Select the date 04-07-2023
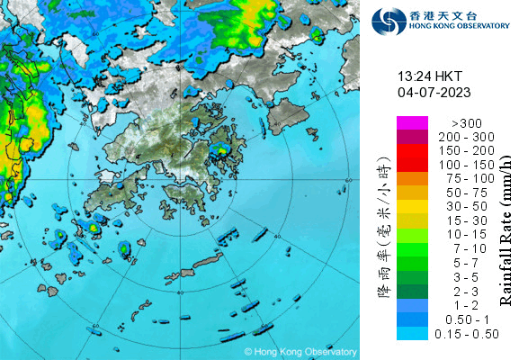click(x=433, y=92)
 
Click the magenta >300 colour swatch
click(x=410, y=122)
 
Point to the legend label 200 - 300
click(x=470, y=135)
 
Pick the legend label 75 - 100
click(x=470, y=178)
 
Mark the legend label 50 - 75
click(x=470, y=193)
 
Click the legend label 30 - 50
click(x=470, y=207)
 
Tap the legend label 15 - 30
click(x=470, y=221)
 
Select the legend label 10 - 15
click(x=470, y=235)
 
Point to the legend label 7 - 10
click(x=470, y=249)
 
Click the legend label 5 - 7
click(x=470, y=264)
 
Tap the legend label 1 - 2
click(x=470, y=306)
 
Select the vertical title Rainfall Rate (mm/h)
click(x=504, y=229)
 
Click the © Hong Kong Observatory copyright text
click(x=300, y=351)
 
